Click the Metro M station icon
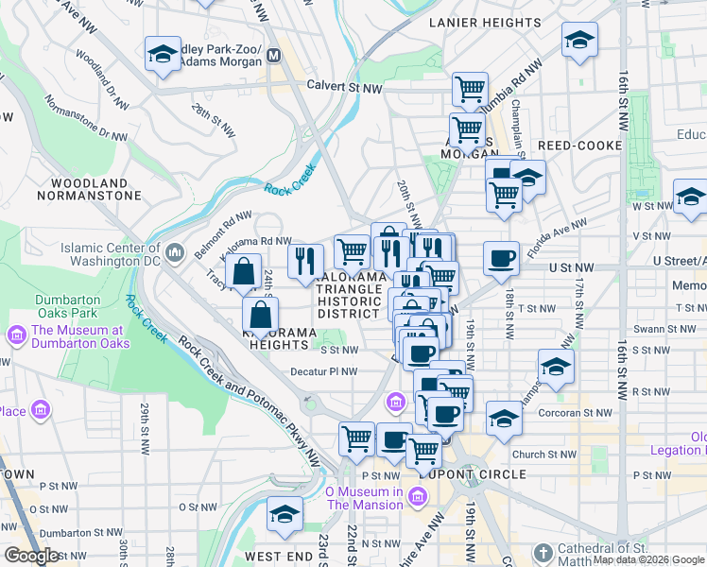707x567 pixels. pyautogui.click(x=274, y=55)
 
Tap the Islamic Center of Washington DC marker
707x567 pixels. pyautogui.click(x=174, y=252)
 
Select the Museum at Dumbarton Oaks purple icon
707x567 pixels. pyautogui.click(x=16, y=336)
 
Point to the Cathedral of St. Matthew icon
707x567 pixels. pyautogui.click(x=543, y=552)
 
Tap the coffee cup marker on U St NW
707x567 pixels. pyautogui.click(x=501, y=257)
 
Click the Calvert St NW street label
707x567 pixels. pyautogui.click(x=344, y=86)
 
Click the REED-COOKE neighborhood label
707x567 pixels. pyautogui.click(x=579, y=146)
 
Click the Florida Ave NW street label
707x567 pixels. pyautogui.click(x=558, y=239)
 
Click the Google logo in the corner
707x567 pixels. pyautogui.click(x=30, y=556)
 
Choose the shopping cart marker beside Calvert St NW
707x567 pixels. pyautogui.click(x=470, y=90)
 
